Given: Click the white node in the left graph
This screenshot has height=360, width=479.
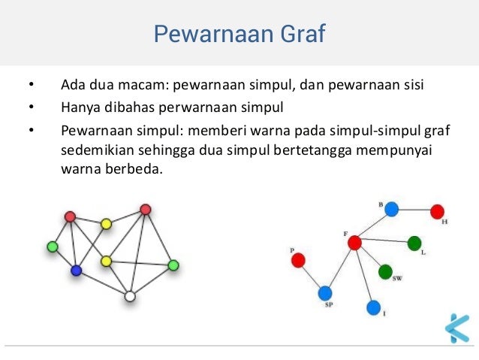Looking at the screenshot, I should [130, 297].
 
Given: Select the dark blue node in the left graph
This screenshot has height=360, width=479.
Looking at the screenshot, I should [76, 271].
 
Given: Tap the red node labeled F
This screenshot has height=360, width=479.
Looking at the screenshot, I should [355, 242].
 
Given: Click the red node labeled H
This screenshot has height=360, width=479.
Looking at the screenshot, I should [438, 211].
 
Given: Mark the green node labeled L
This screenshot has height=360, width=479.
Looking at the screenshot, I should [414, 243].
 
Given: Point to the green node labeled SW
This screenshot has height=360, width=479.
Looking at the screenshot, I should [385, 271].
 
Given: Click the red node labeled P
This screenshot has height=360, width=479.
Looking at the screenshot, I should [298, 261].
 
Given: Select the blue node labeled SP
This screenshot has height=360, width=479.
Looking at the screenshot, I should [325, 293].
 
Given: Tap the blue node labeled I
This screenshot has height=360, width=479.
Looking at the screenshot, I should [374, 307].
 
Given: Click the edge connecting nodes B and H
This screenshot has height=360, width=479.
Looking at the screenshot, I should [414, 210].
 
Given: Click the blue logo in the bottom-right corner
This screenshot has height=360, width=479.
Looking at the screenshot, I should [456, 328].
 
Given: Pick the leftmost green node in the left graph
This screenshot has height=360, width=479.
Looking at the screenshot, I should [52, 246].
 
